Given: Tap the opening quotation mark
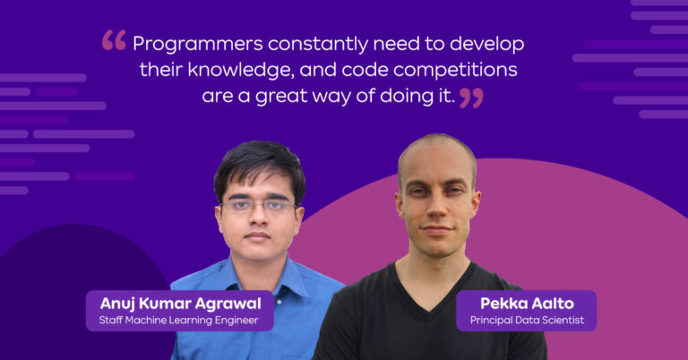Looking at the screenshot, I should (x=114, y=40).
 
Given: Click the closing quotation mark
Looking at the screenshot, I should (x=471, y=97).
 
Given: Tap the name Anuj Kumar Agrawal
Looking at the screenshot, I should (x=179, y=303).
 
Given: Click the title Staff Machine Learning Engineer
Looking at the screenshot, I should (x=179, y=319).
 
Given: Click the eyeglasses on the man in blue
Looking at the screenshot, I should (x=258, y=206).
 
